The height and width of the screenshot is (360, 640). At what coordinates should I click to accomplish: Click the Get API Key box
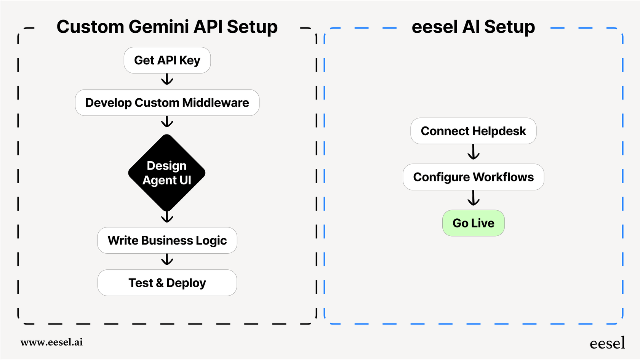pos(167,60)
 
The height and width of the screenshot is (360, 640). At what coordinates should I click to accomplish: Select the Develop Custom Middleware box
pos(167,103)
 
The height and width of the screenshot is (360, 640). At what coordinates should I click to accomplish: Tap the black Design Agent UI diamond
pos(167,173)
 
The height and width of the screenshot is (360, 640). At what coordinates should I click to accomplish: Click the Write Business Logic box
pos(167,240)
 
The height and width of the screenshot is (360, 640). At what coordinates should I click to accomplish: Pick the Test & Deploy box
pos(167,283)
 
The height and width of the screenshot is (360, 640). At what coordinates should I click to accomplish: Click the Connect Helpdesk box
pos(473,131)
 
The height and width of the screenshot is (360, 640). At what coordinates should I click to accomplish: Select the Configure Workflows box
pos(473,177)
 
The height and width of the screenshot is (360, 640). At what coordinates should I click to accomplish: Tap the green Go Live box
pos(473,223)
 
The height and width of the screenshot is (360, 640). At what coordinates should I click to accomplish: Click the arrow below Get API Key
pos(167,80)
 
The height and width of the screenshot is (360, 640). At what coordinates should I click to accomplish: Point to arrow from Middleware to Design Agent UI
pos(167,122)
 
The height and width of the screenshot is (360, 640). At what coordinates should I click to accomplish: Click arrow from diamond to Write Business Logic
pos(167,218)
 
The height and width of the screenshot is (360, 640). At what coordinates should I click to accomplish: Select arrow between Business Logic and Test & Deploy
pos(167,260)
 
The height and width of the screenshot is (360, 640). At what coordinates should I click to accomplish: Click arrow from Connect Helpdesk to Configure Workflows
pos(473,152)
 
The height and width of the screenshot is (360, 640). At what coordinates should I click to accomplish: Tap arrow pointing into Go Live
pos(473,198)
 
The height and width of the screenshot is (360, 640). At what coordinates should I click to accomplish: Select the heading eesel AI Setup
pos(473,27)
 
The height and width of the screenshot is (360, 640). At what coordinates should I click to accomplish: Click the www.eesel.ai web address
pos(51,342)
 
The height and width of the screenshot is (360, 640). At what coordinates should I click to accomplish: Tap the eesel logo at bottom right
pos(607,343)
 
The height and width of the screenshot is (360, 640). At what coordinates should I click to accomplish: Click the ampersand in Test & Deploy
pos(160,283)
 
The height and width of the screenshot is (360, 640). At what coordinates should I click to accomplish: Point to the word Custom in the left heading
pos(90,27)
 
